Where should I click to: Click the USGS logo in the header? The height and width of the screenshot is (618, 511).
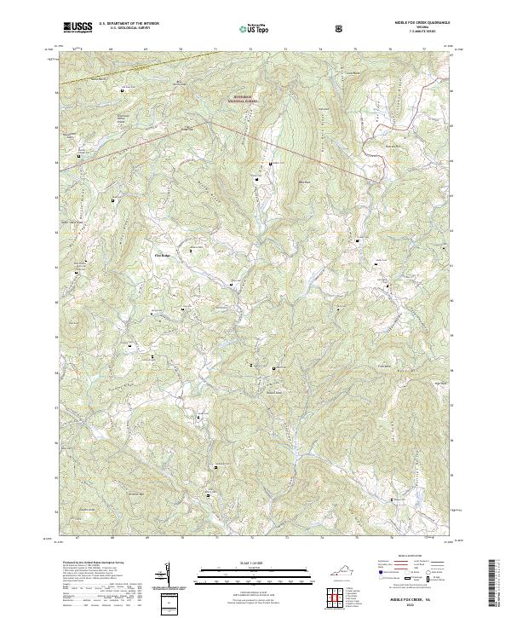78,27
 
